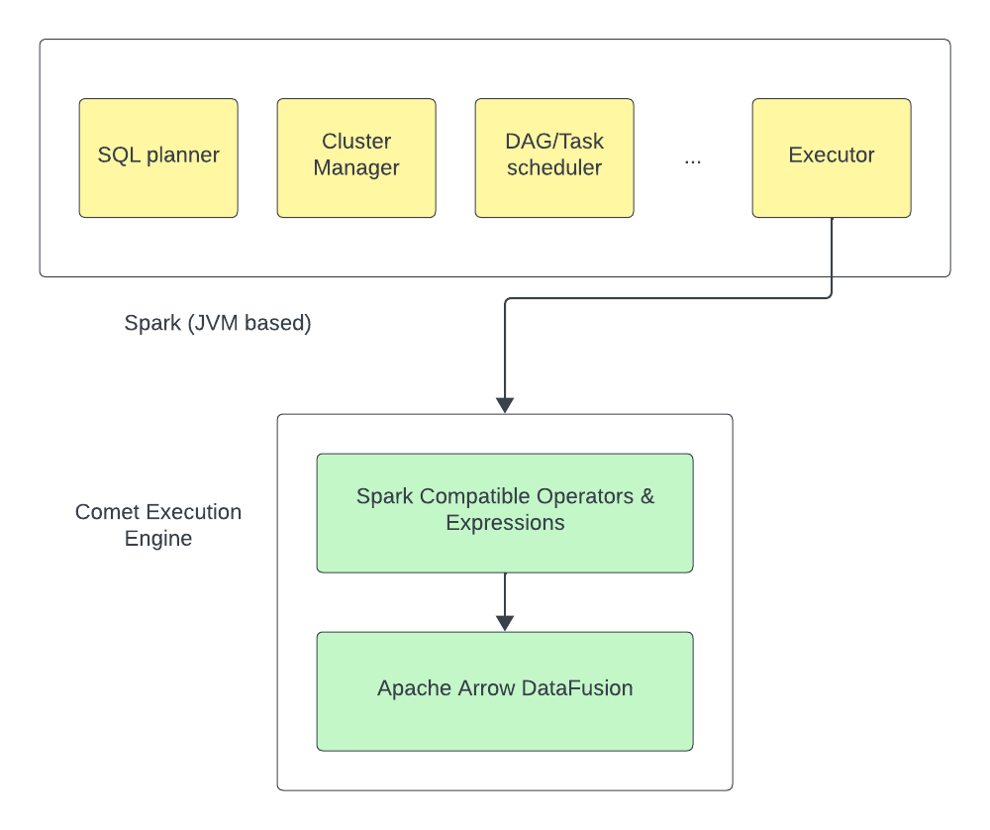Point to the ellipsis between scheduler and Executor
[693, 159]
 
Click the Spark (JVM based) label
[218, 324]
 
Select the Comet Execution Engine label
[158, 525]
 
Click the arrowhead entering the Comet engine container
[505, 404]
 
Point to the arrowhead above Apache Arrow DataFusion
[505, 622]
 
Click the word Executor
[832, 156]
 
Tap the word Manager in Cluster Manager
[356, 168]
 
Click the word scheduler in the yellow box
[554, 168]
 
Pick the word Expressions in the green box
[505, 523]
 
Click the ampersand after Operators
[647, 496]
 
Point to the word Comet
[107, 512]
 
